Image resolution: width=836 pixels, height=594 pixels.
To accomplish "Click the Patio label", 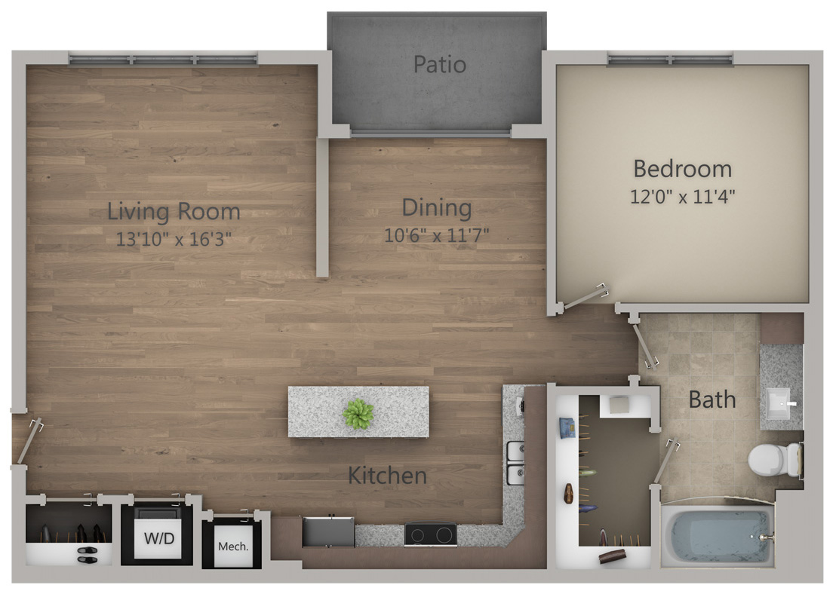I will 439,65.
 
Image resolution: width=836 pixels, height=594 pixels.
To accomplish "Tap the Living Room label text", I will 174,211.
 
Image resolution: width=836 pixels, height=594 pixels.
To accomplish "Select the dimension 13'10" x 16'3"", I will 174,240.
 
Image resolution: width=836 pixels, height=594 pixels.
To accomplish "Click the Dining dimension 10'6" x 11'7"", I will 437,234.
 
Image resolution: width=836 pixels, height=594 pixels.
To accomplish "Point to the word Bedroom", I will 682,168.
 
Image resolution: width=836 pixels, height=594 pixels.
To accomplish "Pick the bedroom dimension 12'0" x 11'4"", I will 682,197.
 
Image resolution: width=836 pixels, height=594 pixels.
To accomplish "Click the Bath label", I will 712,399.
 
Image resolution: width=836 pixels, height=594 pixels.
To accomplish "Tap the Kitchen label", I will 387,476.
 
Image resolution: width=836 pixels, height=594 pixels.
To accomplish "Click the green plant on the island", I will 358,414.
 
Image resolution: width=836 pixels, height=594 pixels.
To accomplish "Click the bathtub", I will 717,536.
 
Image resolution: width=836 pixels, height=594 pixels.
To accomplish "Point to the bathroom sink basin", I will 780,404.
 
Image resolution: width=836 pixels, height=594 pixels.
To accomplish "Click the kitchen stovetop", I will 430,534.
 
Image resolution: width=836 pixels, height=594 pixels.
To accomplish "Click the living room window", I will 163,59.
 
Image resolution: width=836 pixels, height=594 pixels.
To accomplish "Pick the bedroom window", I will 670,59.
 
